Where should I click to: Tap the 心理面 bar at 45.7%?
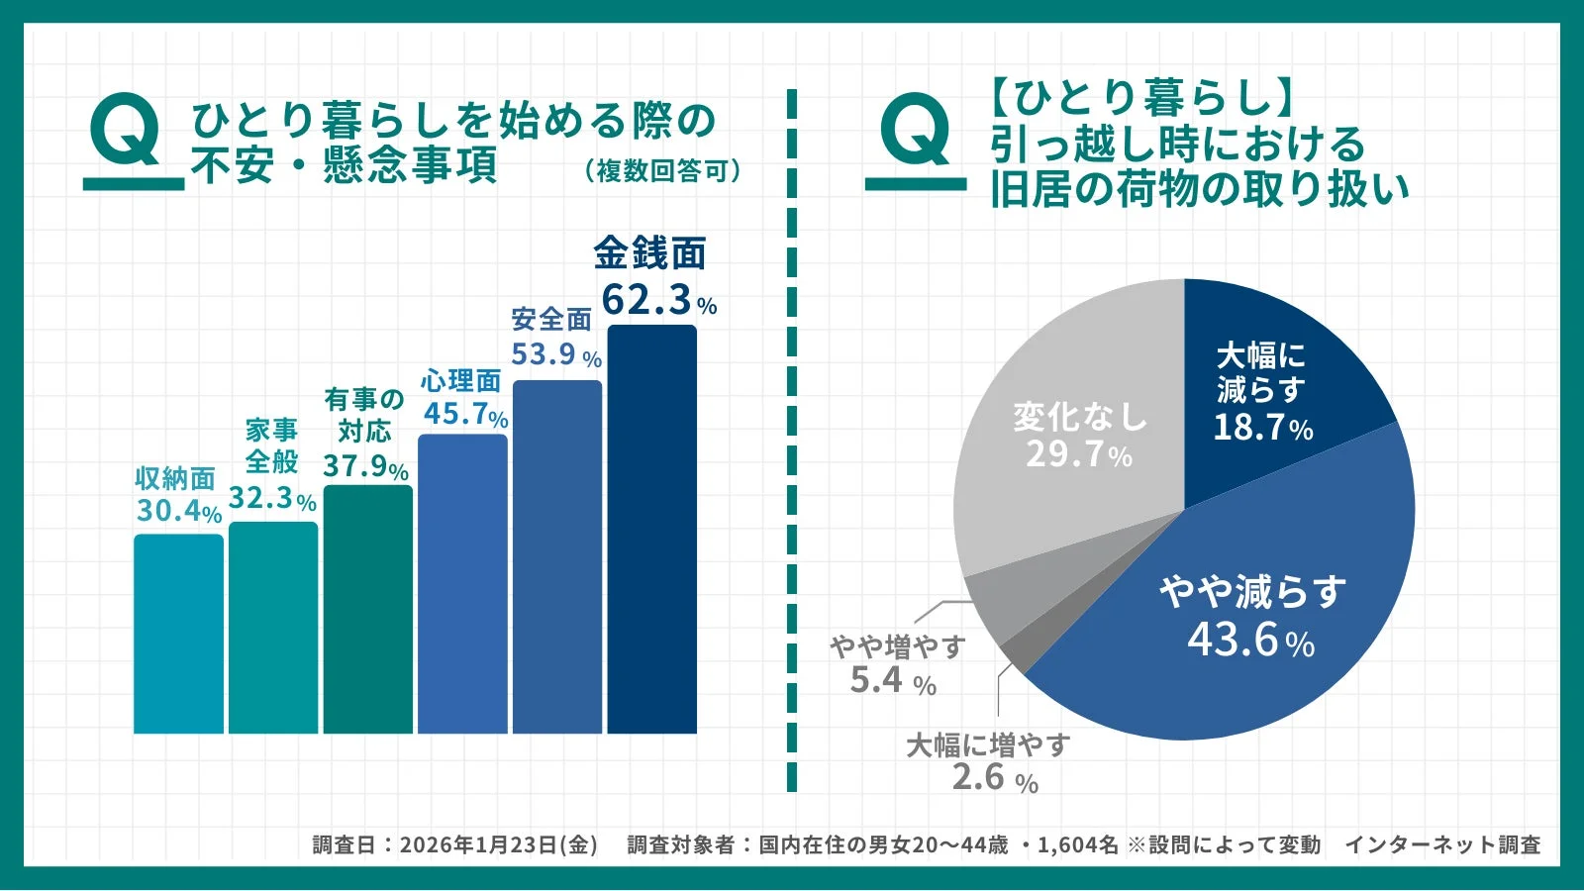pos(462,584)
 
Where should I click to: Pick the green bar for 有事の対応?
pos(367,609)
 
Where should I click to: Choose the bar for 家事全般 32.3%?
pos(273,628)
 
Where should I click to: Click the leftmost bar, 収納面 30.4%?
pos(178,634)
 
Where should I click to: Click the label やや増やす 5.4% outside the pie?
pos(896,663)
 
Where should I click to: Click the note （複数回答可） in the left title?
pos(662,171)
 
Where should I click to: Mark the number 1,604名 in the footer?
pos(1077,844)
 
